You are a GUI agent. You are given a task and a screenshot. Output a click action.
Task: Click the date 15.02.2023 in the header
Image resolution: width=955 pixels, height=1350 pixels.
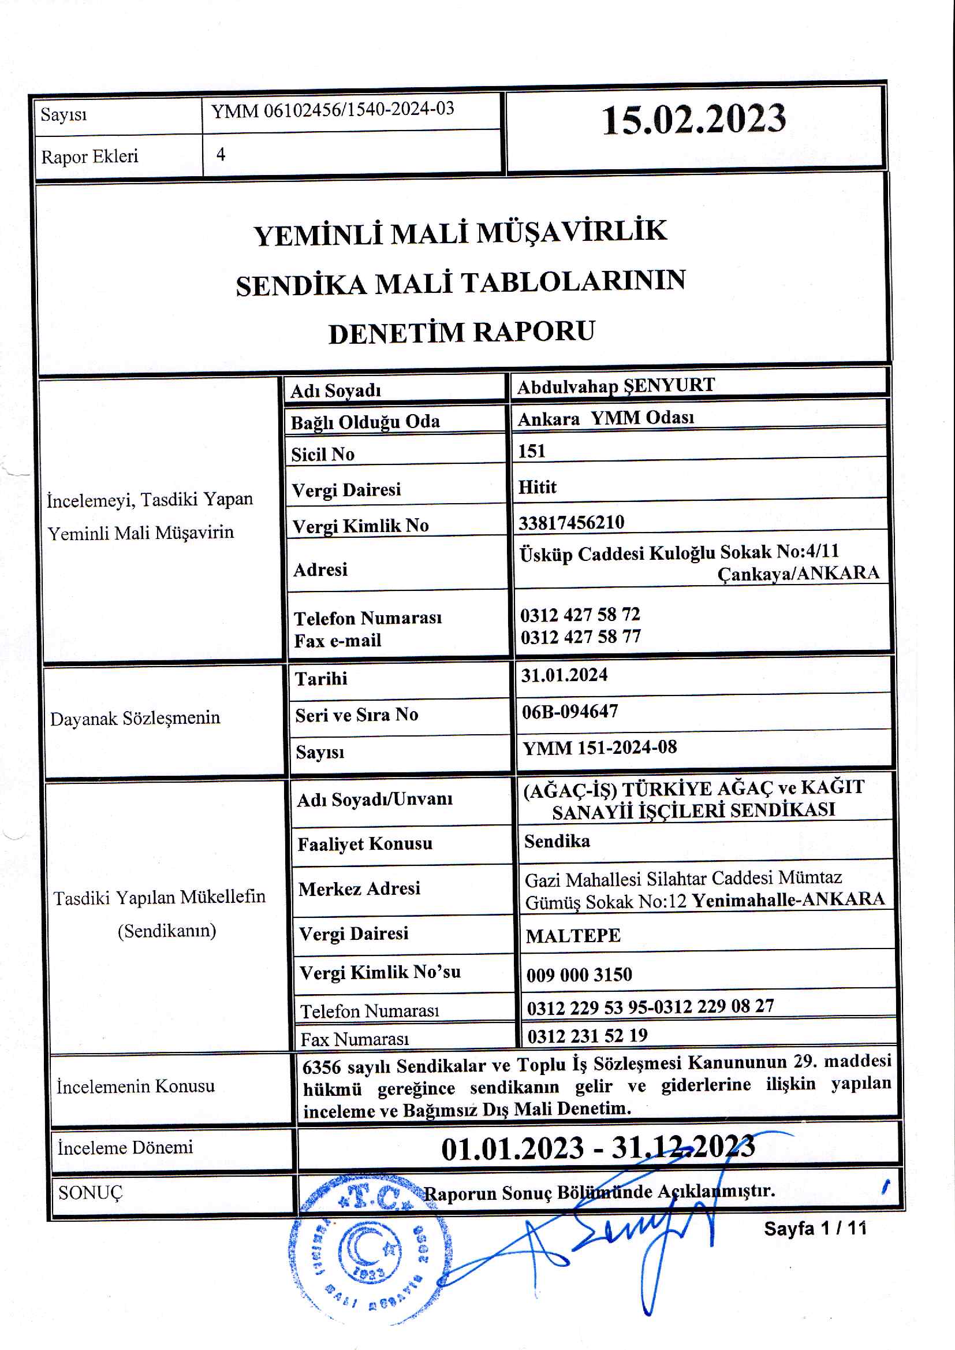tap(693, 120)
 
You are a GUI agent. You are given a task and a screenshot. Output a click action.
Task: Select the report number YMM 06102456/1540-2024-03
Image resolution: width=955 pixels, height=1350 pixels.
tap(333, 110)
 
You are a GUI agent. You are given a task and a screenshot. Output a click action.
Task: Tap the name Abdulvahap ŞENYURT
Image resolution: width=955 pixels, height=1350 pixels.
tap(615, 386)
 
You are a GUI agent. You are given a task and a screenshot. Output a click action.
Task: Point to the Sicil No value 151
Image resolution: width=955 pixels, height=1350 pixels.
tap(532, 451)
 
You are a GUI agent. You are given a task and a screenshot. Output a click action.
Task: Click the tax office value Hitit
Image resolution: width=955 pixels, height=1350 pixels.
tap(537, 487)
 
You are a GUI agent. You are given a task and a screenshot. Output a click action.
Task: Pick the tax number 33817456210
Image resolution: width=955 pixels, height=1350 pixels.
tap(571, 522)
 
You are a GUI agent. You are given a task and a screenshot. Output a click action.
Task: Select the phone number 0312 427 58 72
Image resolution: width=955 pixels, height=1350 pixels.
tap(580, 615)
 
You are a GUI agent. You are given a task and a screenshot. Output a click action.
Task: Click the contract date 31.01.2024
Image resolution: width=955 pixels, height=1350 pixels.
tap(564, 675)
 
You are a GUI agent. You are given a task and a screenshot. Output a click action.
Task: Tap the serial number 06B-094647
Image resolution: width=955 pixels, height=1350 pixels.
tap(570, 712)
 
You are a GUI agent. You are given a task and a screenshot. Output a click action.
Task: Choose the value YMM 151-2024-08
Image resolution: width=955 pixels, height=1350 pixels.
tap(600, 747)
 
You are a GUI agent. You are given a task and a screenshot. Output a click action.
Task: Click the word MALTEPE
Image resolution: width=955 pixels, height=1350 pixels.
tap(573, 936)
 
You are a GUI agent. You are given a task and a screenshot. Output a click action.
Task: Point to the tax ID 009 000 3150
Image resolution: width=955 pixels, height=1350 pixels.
tap(579, 975)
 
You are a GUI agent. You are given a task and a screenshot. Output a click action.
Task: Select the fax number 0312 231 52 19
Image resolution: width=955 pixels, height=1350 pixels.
tap(587, 1036)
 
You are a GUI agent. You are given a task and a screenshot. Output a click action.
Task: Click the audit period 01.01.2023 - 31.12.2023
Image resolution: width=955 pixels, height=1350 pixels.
tap(598, 1148)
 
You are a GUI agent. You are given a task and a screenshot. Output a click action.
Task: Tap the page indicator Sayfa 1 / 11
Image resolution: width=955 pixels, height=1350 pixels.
tap(815, 1228)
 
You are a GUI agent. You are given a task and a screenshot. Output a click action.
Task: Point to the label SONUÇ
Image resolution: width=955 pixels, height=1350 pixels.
tap(91, 1193)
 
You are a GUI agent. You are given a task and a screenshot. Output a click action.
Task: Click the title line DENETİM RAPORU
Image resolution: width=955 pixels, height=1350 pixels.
tap(462, 332)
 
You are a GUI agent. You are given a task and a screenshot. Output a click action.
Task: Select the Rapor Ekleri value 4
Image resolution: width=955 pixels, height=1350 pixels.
tap(221, 154)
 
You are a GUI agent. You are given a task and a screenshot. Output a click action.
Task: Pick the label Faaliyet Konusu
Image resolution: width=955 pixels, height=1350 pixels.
tap(364, 844)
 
